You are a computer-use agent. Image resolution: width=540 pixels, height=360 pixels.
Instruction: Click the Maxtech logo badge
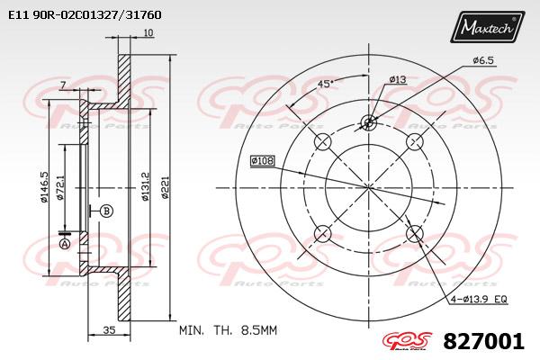tap(487, 26)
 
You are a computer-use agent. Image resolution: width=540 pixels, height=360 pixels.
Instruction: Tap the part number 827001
tap(483, 341)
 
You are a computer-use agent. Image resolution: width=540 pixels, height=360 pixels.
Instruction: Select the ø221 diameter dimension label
tap(166, 187)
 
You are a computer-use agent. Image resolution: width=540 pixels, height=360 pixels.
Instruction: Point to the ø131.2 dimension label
tap(145, 186)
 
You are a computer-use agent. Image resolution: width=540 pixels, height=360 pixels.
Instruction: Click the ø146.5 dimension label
tap(44, 187)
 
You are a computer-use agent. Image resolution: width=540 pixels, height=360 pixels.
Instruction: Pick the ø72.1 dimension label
tap(60, 187)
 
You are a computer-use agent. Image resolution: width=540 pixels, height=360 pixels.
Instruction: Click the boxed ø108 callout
tap(263, 161)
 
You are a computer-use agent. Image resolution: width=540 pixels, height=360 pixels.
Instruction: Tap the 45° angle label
tap(326, 84)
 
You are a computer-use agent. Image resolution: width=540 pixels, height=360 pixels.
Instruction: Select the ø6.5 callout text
tap(483, 60)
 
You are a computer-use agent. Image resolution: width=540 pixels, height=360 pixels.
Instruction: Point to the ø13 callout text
tap(398, 79)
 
